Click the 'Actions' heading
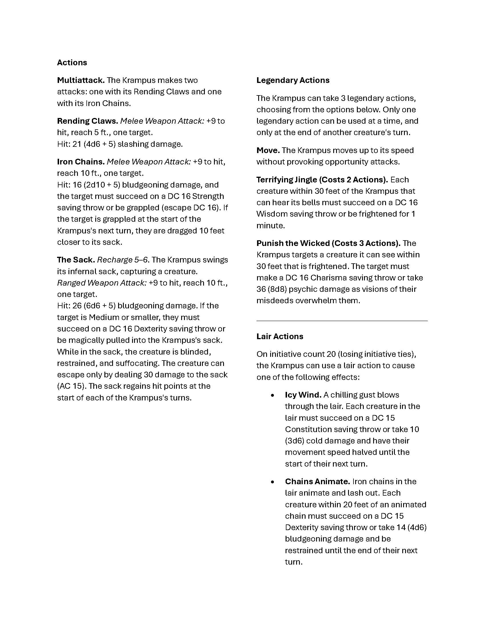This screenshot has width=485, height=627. (x=72, y=63)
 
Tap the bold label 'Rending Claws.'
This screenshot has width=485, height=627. (x=87, y=121)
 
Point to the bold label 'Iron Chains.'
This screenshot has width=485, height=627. (x=81, y=162)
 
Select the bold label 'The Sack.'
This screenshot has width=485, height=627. (x=76, y=260)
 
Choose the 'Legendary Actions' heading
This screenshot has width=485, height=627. (x=293, y=80)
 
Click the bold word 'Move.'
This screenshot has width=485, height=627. (x=268, y=150)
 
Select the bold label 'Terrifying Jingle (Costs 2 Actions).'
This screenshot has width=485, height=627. (x=322, y=180)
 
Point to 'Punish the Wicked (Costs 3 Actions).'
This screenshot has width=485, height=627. (x=328, y=243)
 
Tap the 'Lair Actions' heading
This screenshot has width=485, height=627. (x=280, y=336)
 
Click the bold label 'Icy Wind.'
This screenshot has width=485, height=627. (x=303, y=395)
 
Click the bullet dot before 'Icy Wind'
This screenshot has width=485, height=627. (x=272, y=395)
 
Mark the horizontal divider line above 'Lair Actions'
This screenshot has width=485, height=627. (x=342, y=320)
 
